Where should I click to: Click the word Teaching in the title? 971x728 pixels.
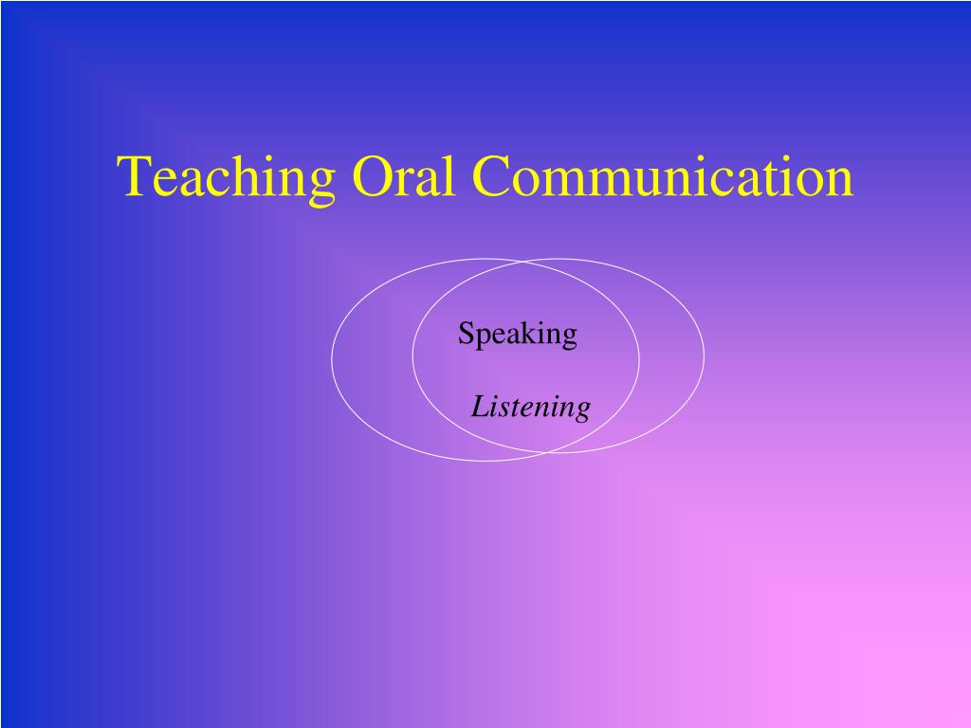tap(226, 177)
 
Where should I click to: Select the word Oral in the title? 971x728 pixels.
tap(402, 175)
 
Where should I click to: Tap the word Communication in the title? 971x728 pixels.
tap(663, 175)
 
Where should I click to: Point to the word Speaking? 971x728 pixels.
tap(518, 335)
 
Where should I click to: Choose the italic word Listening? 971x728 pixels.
tap(531, 408)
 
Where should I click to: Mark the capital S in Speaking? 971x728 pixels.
tap(467, 334)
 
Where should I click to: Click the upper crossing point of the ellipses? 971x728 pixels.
tap(522, 262)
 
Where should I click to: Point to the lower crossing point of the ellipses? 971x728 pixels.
tap(547, 453)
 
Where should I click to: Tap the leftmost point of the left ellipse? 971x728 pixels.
tap(332, 359)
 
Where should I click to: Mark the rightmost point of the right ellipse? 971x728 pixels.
tap(705, 355)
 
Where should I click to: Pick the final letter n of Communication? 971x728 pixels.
tap(840, 183)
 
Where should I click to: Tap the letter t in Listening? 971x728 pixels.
tap(513, 409)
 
